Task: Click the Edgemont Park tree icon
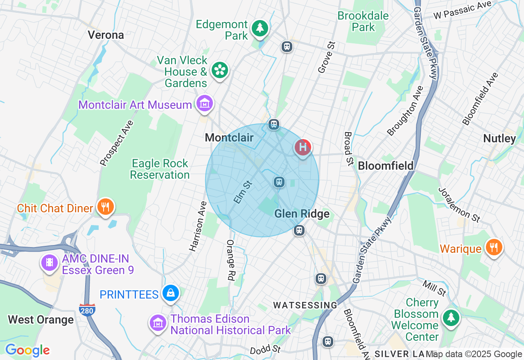coord(260,28)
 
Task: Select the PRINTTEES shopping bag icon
coord(171,293)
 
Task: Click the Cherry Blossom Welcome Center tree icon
coord(451,317)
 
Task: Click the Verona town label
coord(106,35)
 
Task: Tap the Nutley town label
coord(499,139)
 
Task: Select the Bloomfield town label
coord(386,166)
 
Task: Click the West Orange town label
coord(41,319)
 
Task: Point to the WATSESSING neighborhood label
coord(305,305)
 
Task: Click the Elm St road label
coord(243,191)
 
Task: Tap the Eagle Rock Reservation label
coord(160,169)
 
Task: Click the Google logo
coord(27,350)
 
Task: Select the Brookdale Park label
coord(363,22)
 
